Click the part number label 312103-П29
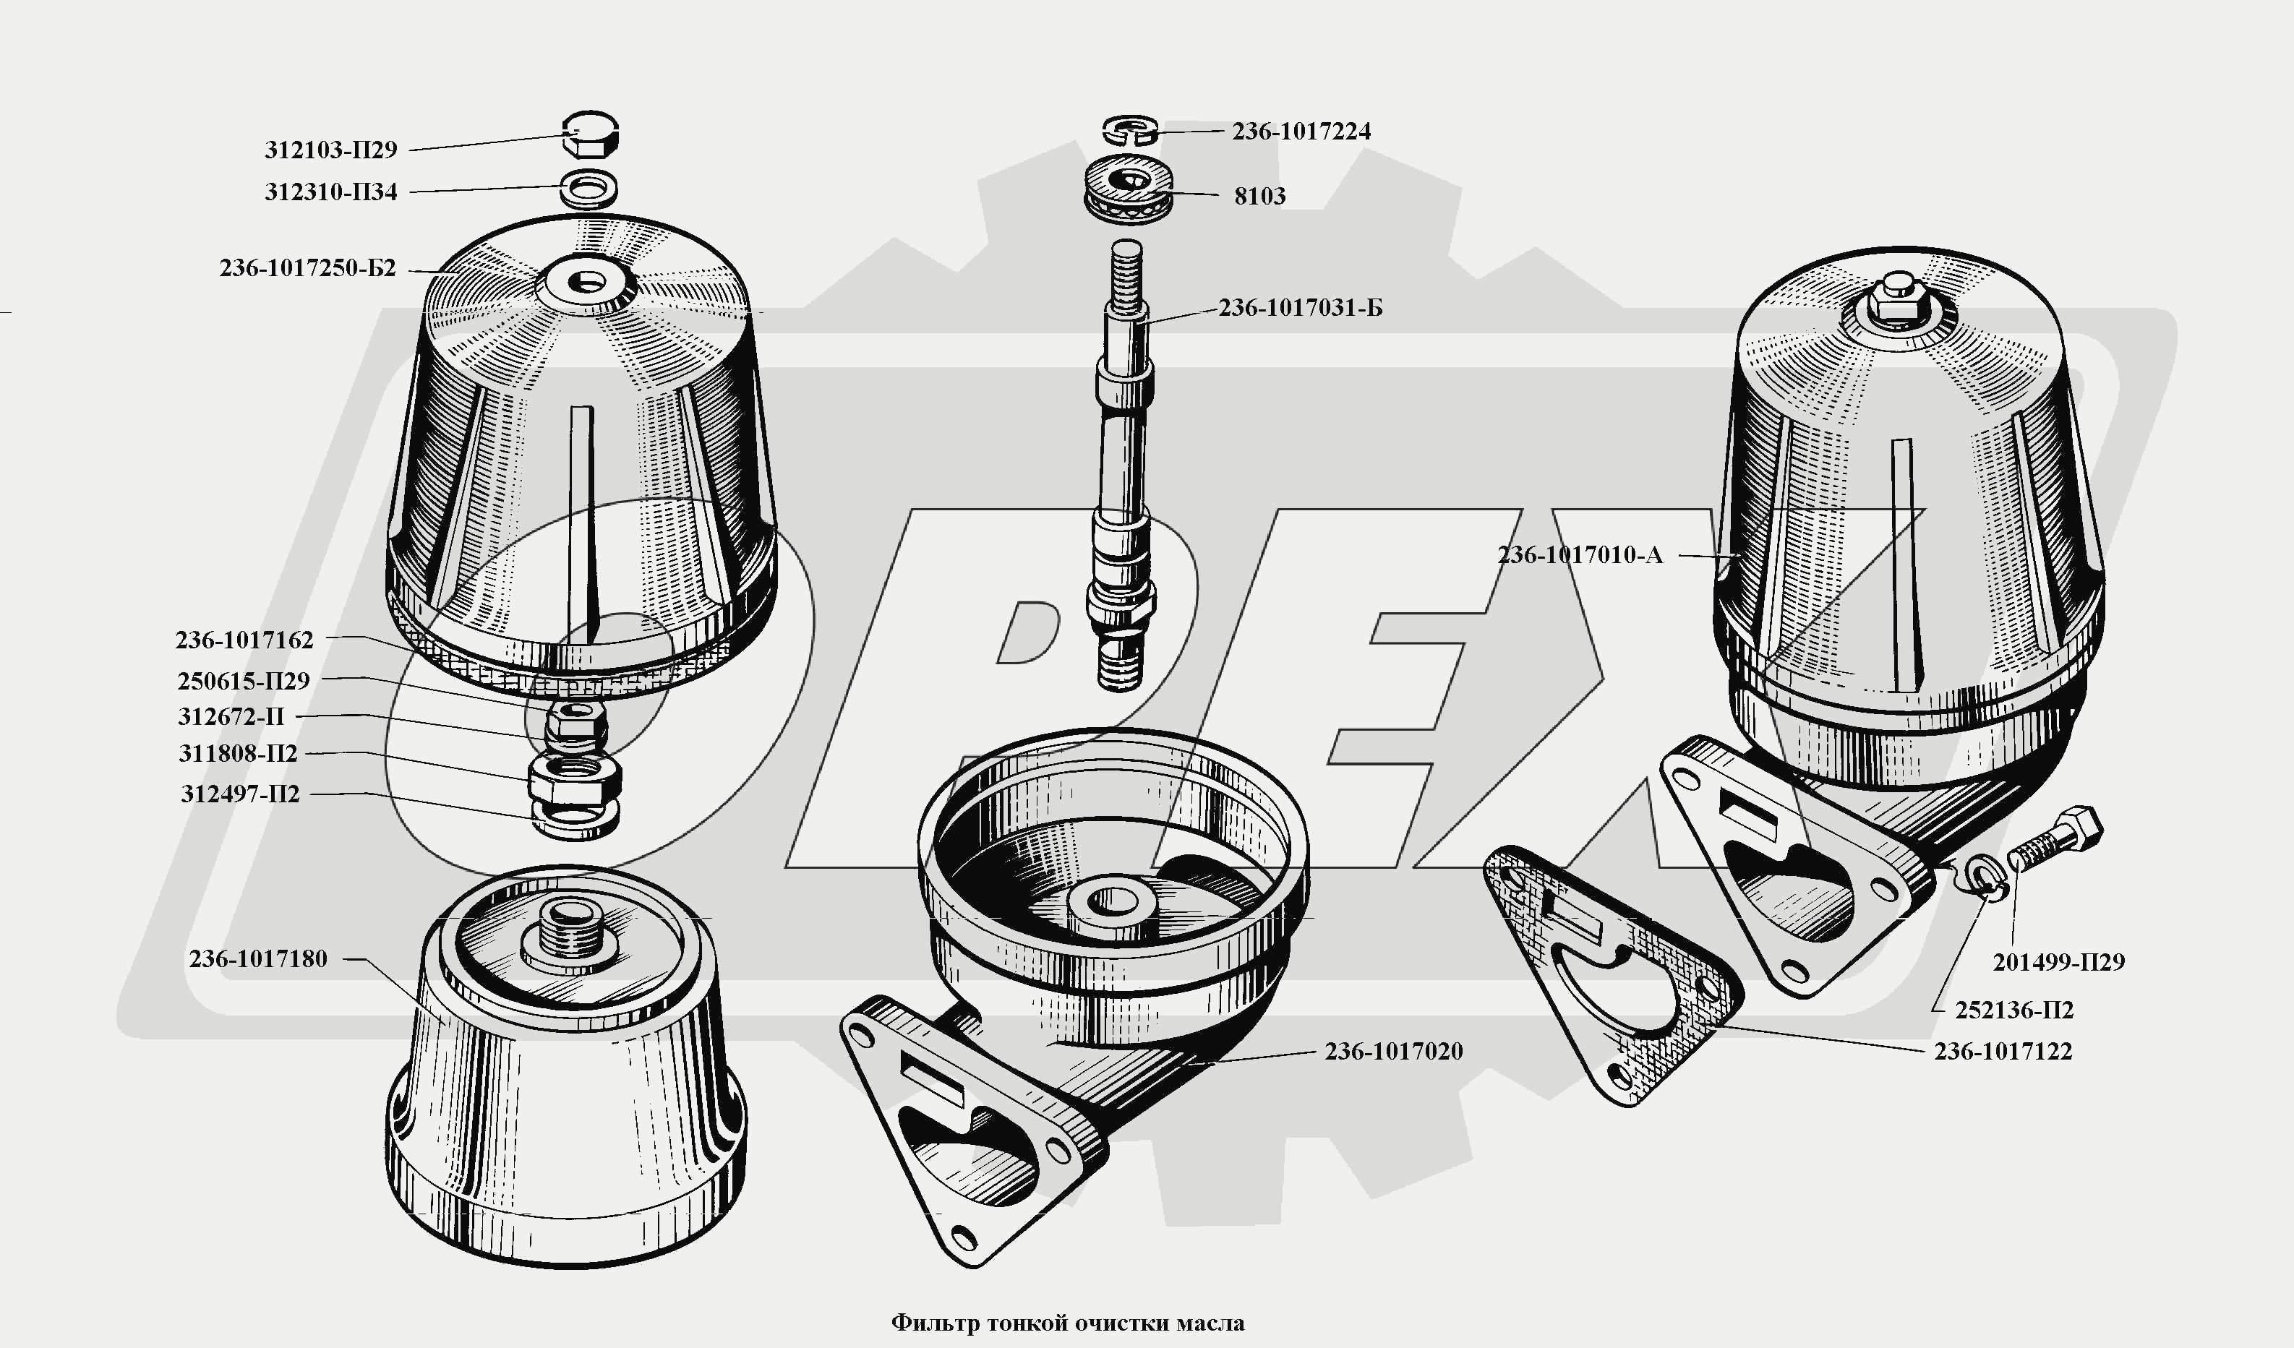pos(330,150)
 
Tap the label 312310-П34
pos(330,192)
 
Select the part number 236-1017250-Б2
pos(308,268)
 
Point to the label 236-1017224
pos(1301,131)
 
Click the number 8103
pos(1260,196)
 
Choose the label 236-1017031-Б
pos(1301,308)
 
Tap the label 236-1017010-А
pos(1580,555)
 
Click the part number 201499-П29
pos(2059,962)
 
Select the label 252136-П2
pos(2013,1010)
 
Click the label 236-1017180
pos(257,958)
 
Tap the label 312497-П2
pos(239,794)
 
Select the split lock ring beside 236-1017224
pos(1129,130)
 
